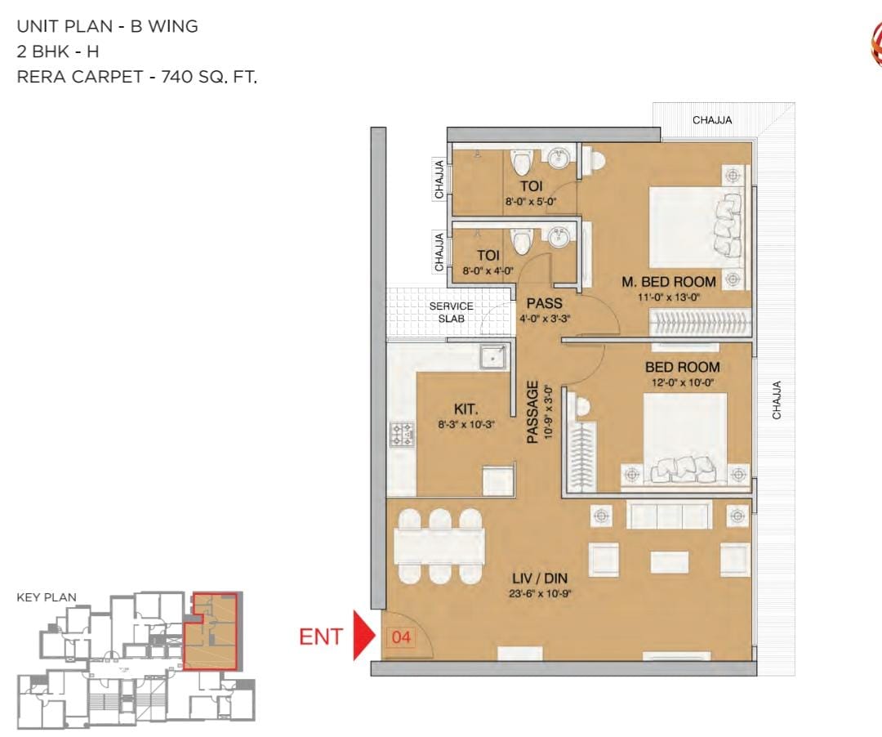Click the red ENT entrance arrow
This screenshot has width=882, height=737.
point(363,635)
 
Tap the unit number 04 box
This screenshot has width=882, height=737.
point(401,637)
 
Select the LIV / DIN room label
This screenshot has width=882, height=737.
point(540,578)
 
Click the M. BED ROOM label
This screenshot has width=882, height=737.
point(669,282)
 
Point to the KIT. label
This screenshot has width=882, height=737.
point(466,409)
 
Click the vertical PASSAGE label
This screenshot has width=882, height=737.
point(532,413)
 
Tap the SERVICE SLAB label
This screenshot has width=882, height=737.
point(451,312)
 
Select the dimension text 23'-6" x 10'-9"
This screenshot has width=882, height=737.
point(540,593)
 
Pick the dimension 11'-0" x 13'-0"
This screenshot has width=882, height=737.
point(669,297)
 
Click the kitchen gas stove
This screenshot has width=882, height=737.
point(402,435)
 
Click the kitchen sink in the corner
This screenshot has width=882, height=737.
point(492,357)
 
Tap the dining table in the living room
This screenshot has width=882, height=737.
point(439,546)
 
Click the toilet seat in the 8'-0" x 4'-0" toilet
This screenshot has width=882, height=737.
point(521,242)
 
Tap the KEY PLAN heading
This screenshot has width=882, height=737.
point(47,597)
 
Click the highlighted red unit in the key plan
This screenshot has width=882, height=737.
point(211,631)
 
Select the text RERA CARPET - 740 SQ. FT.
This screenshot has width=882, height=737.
point(136,77)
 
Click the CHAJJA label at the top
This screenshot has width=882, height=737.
point(712,120)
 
